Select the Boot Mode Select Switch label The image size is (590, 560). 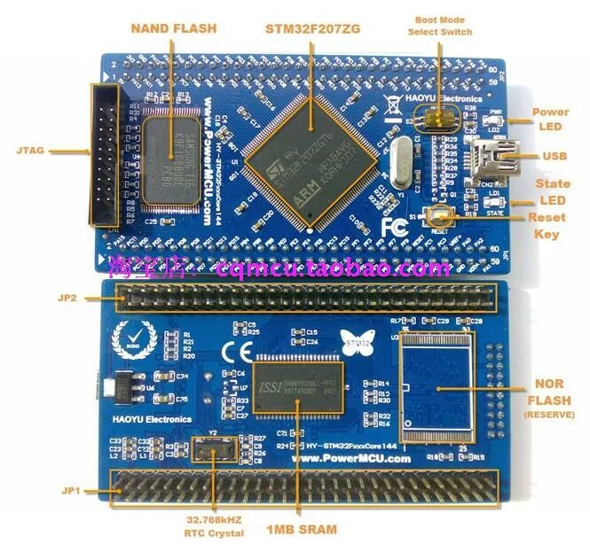[439, 26]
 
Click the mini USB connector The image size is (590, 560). [498, 157]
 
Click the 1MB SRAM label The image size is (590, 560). [302, 530]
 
